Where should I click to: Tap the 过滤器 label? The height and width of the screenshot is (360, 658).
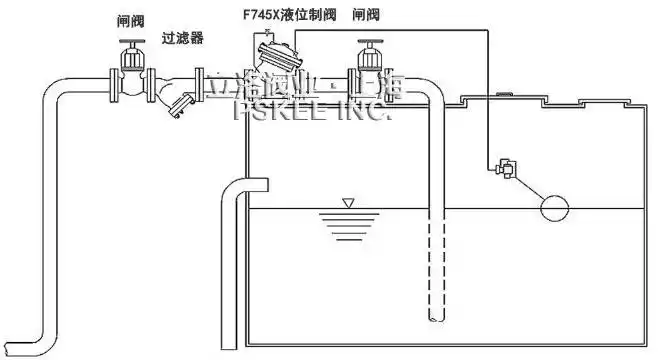tap(183, 38)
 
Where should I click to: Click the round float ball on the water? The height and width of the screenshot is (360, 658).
tap(553, 208)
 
